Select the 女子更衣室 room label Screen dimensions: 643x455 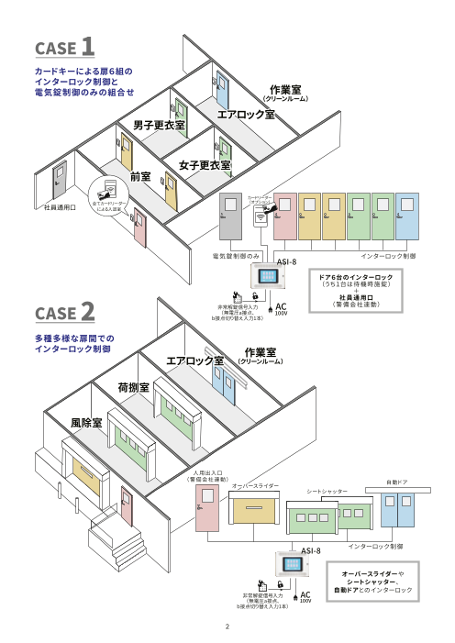(x=205, y=165)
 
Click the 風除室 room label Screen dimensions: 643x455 (x=85, y=422)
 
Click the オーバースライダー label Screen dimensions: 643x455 (x=254, y=484)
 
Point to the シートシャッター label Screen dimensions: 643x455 (x=327, y=493)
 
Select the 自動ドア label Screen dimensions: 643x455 (x=397, y=482)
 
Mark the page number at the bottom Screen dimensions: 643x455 (x=227, y=627)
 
